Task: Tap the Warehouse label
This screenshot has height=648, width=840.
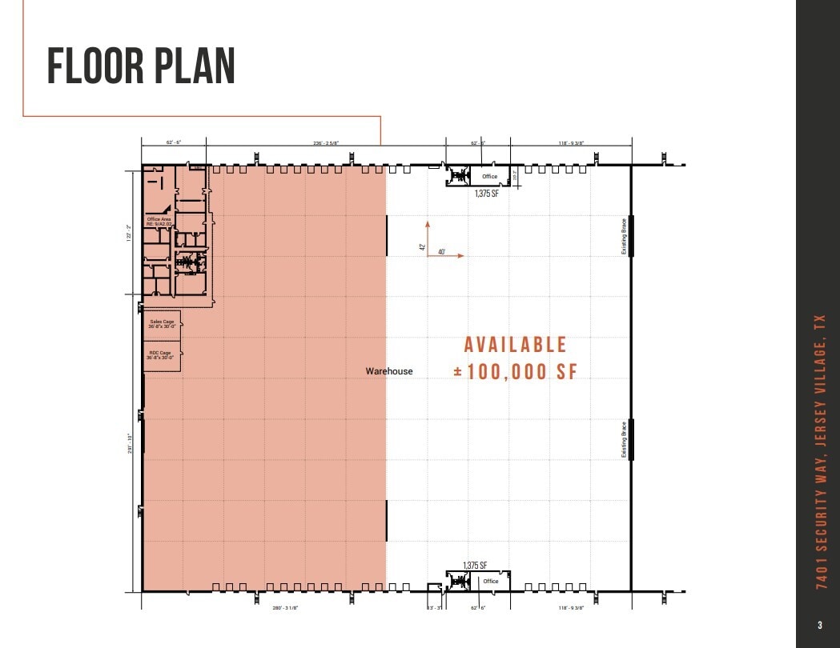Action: [x=389, y=371]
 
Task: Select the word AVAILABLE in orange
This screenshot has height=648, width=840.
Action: [x=516, y=345]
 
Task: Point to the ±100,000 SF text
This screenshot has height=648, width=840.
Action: [x=515, y=372]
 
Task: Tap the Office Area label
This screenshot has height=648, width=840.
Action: [x=159, y=221]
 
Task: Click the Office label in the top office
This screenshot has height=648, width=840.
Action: [x=489, y=176]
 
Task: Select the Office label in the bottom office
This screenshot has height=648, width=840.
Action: [x=490, y=582]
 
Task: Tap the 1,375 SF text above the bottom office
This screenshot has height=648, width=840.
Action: [x=475, y=565]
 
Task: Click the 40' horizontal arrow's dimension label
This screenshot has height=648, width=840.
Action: [x=442, y=252]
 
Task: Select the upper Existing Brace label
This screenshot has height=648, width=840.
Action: [x=624, y=237]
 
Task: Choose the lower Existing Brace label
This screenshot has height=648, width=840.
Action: [x=624, y=439]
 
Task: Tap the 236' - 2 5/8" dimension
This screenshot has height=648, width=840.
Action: [x=326, y=143]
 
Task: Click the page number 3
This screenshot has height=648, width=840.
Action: [x=819, y=626]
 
